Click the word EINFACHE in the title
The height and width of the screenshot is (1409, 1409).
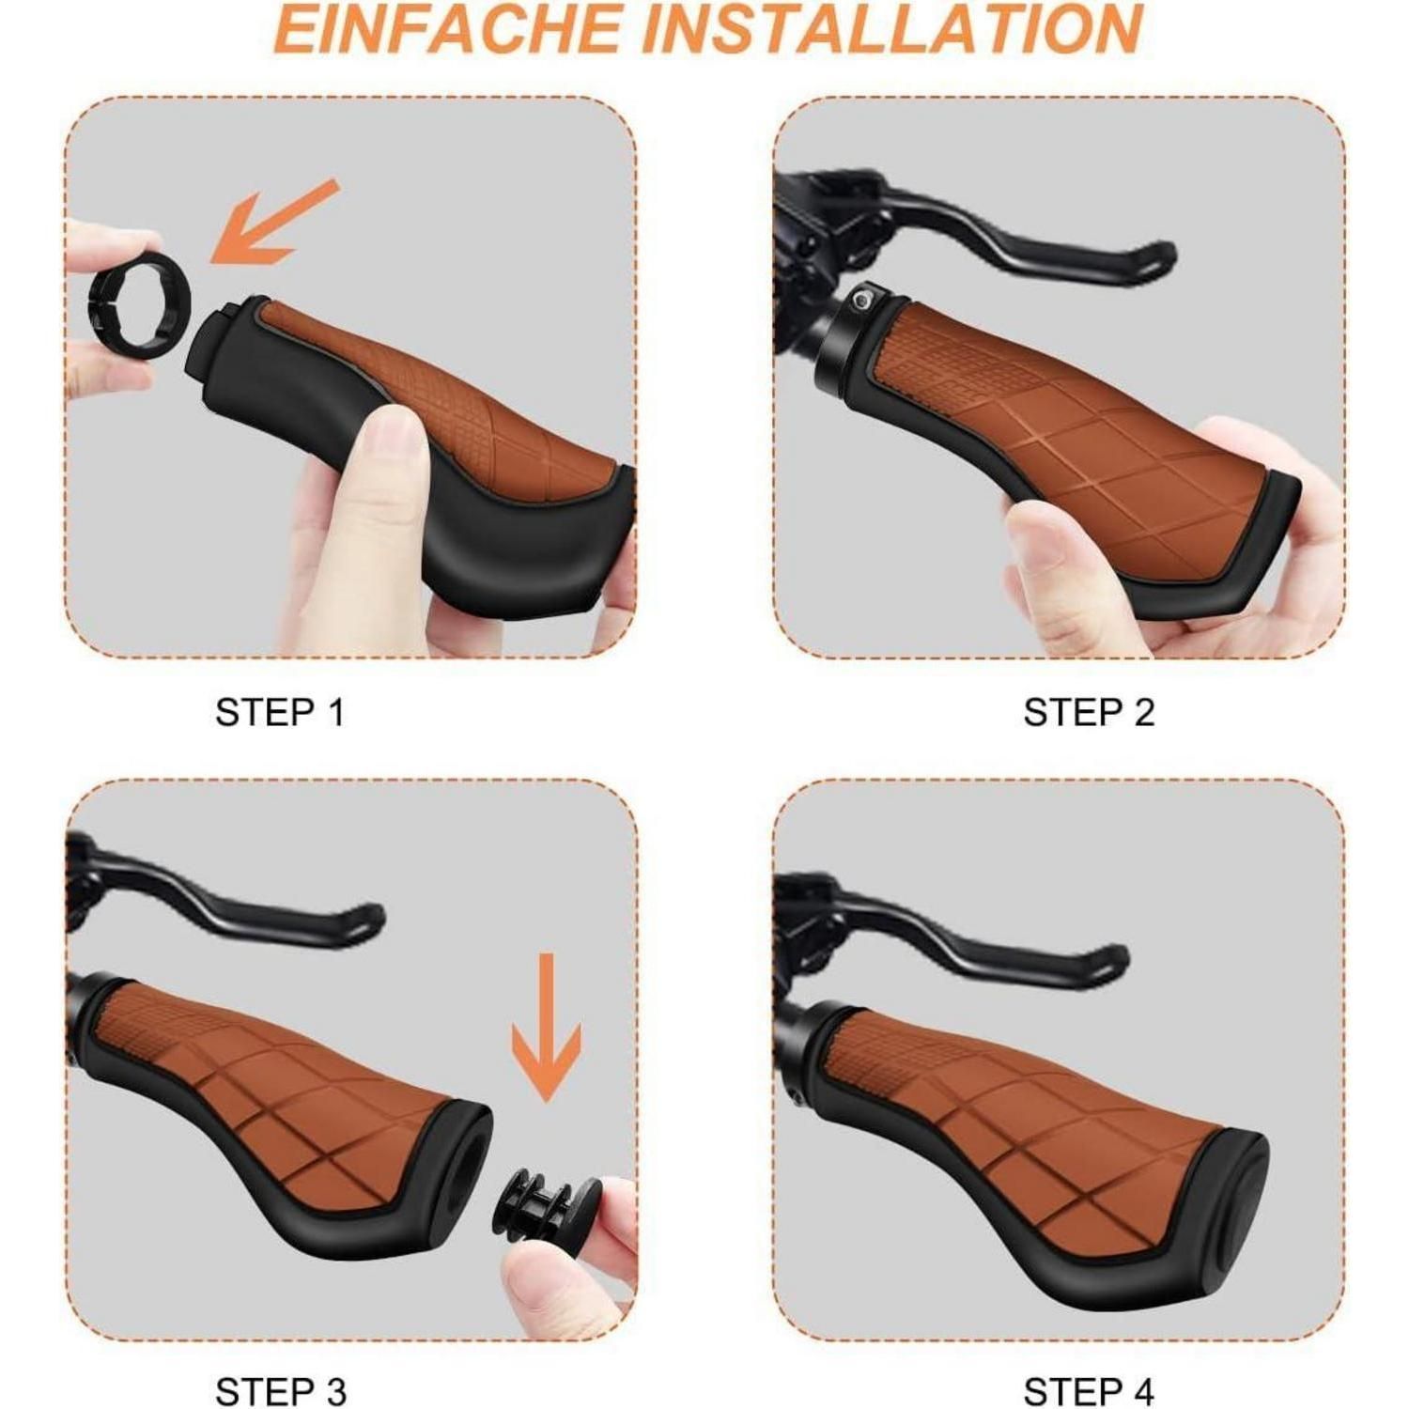[446, 28]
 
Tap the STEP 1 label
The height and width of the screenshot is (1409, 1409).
[280, 712]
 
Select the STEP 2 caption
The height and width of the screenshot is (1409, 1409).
[1089, 712]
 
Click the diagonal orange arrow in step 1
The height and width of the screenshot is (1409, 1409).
[272, 221]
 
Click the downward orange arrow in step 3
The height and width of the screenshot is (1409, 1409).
[546, 1028]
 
